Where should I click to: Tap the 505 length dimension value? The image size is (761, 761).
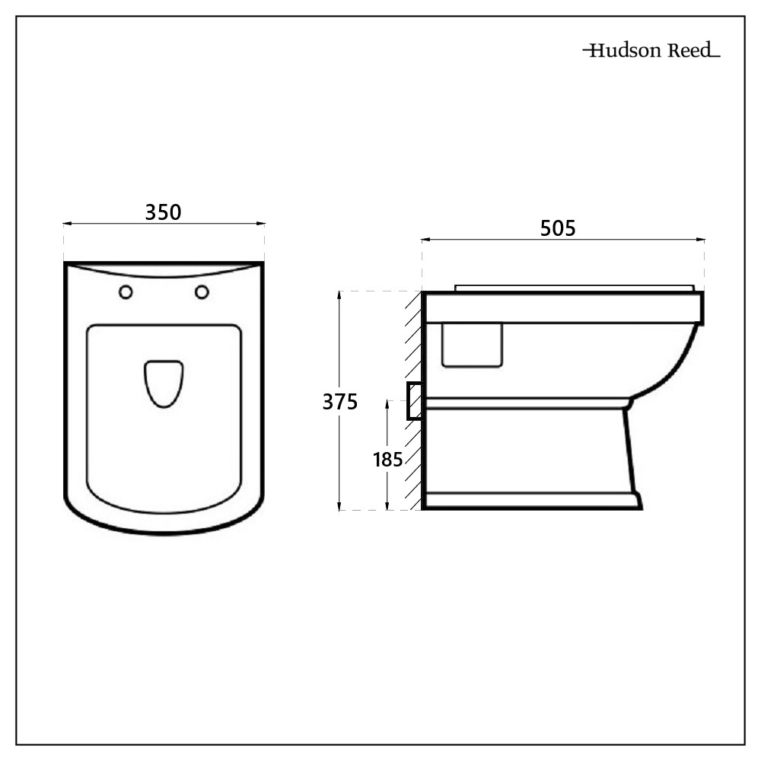(x=559, y=228)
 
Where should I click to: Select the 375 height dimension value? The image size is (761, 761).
(x=339, y=402)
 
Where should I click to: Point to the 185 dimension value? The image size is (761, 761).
(x=387, y=460)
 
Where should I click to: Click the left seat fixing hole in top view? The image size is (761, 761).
(x=126, y=292)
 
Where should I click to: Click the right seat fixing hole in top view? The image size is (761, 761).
(x=202, y=291)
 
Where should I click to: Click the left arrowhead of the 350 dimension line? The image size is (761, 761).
(x=66, y=224)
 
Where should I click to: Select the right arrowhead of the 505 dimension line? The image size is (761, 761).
(x=701, y=240)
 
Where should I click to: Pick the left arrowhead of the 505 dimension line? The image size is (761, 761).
(x=425, y=240)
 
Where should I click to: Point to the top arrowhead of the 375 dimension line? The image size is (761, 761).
(x=339, y=295)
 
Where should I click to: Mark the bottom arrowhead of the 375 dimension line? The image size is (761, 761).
(x=339, y=506)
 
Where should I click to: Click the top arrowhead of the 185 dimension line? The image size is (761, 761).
(x=388, y=403)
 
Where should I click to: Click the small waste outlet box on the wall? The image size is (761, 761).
(x=415, y=401)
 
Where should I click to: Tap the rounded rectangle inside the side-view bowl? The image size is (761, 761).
(x=473, y=345)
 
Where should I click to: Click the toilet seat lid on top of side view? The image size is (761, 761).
(x=575, y=288)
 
